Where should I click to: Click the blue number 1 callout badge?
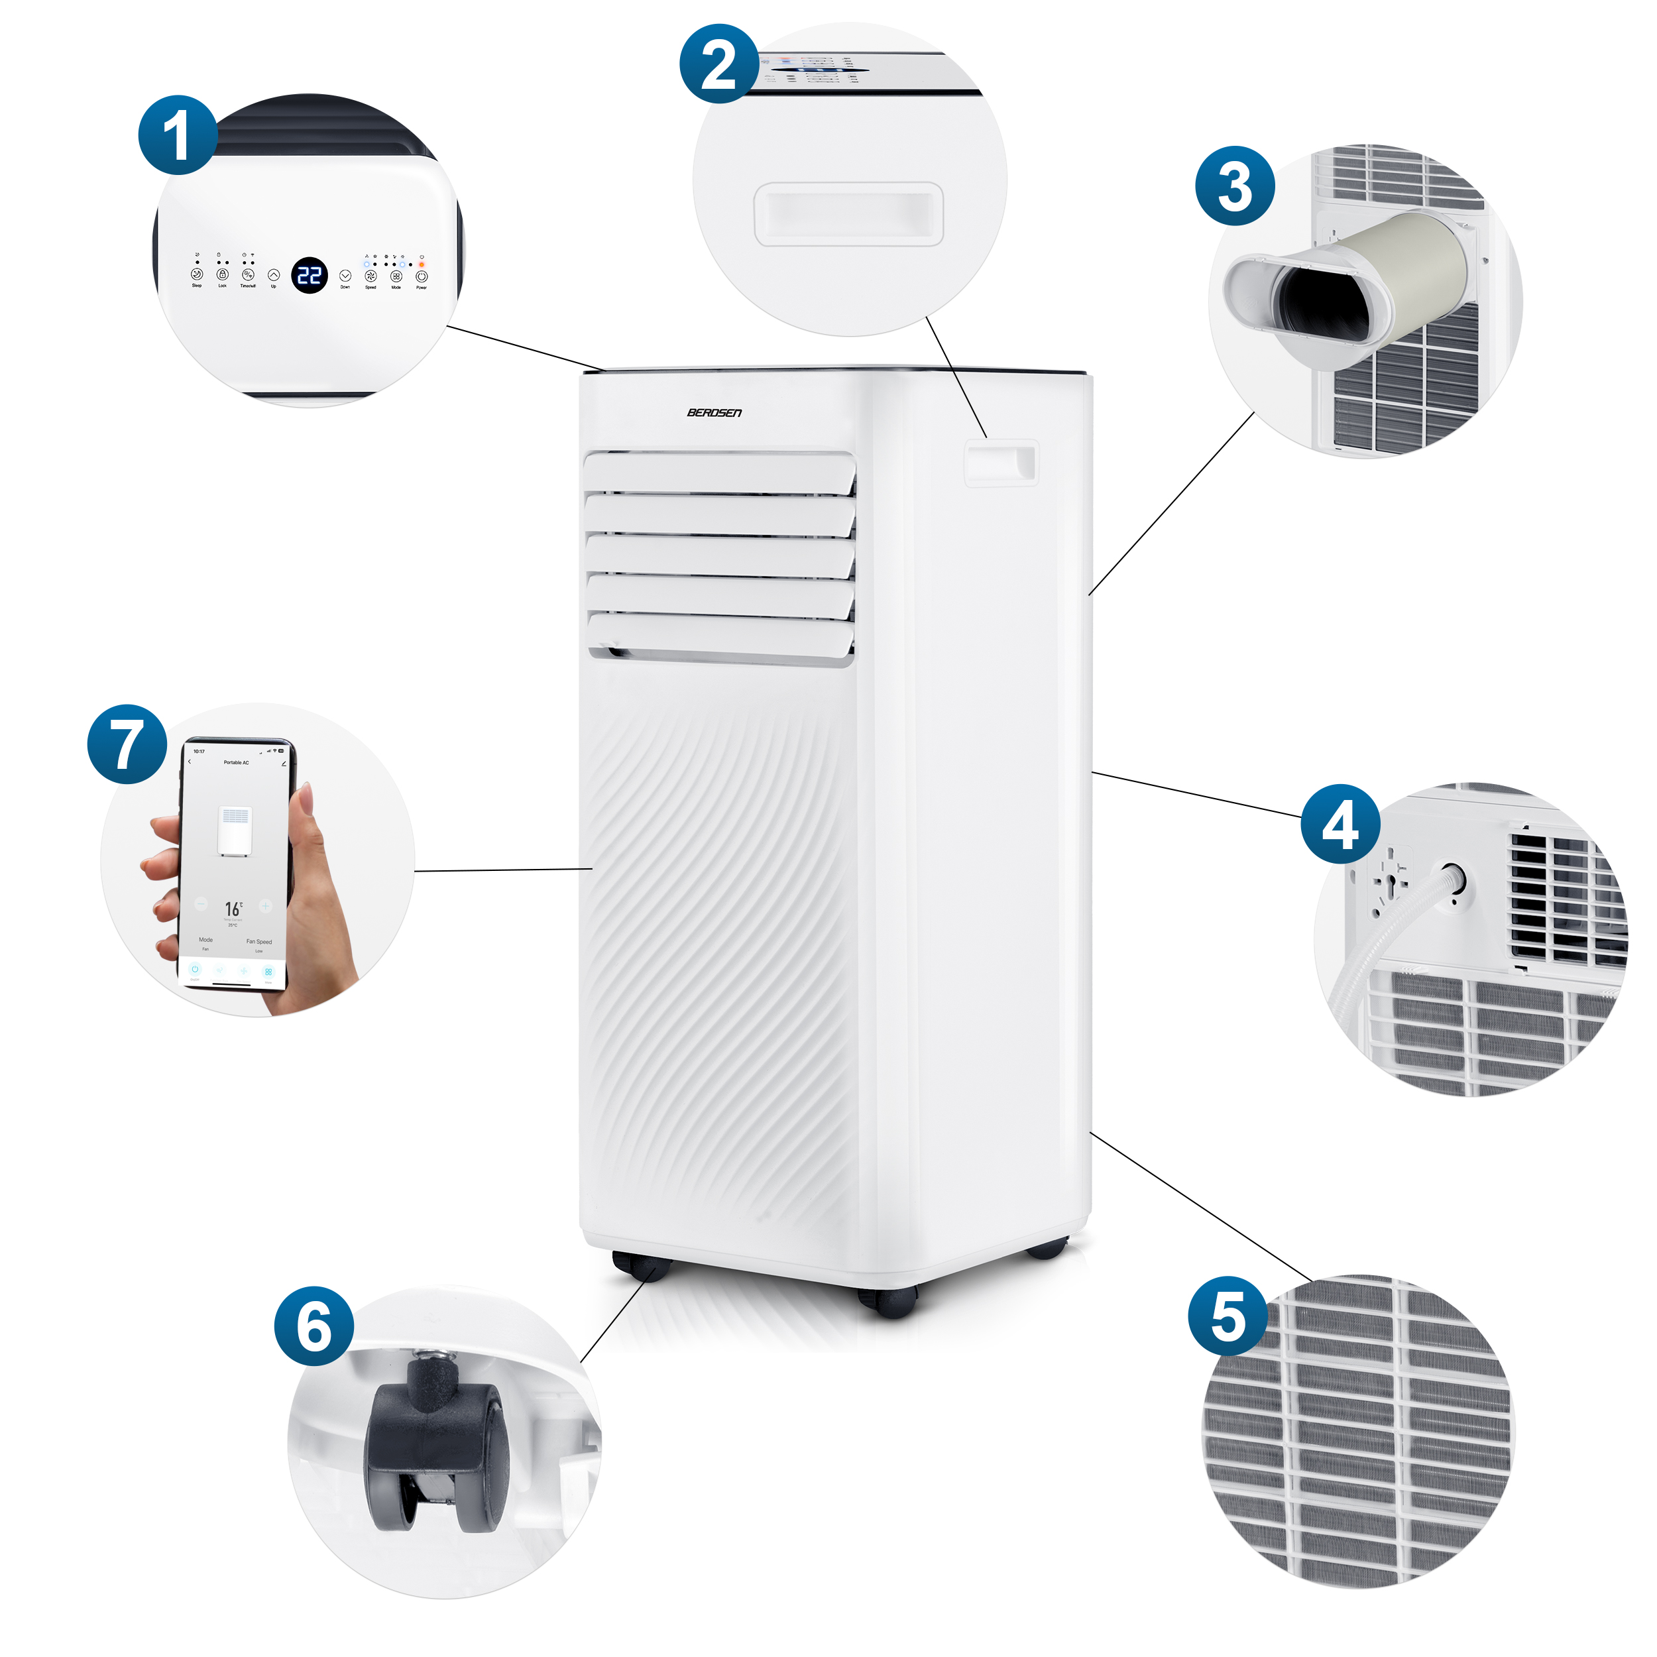178,135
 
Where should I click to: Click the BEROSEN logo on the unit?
714,412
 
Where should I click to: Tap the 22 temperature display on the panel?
309,275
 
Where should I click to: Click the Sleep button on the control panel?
196,274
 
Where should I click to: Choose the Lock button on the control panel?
222,274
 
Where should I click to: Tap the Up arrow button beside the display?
274,275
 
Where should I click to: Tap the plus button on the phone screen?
265,905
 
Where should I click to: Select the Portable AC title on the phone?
236,762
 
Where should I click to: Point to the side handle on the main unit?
1001,463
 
